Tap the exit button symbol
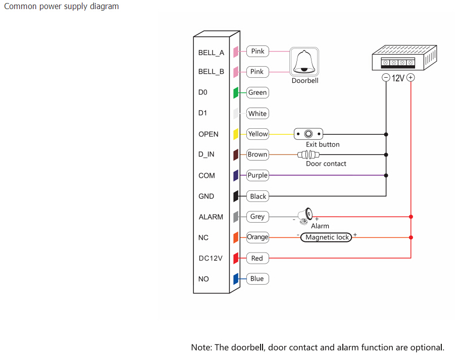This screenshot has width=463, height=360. (x=308, y=134)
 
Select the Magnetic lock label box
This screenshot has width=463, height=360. (x=327, y=237)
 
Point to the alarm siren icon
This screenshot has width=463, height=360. (x=304, y=216)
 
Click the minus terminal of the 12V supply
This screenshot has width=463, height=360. (x=385, y=78)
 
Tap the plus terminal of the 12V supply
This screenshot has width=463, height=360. (x=411, y=78)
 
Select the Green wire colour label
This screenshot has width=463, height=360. (x=258, y=92)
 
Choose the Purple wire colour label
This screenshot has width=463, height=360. (x=258, y=175)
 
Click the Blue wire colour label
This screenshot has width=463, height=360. (x=257, y=279)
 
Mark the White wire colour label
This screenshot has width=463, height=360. (x=258, y=114)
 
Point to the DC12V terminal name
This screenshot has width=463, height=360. (x=211, y=258)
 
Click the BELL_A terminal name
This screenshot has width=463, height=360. (x=211, y=53)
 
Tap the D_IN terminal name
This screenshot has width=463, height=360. (x=207, y=155)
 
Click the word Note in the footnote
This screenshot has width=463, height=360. (x=201, y=347)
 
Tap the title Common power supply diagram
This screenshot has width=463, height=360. (x=62, y=7)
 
